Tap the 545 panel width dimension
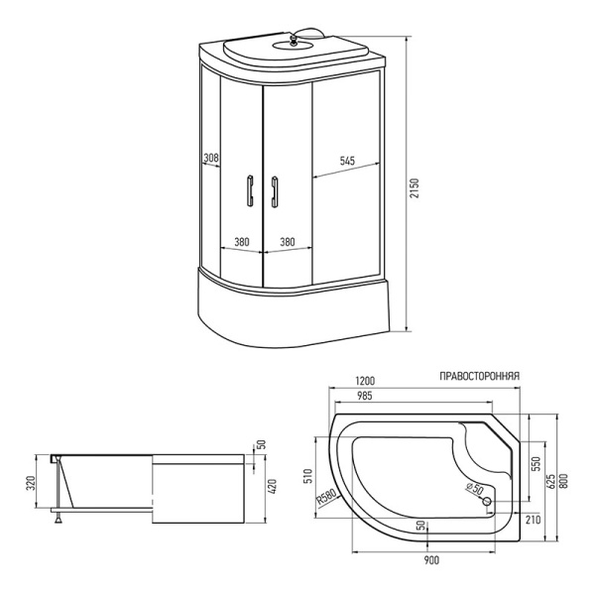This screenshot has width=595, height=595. (347, 161)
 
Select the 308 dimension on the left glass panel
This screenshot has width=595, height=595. (211, 157)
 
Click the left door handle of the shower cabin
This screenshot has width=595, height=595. (251, 190)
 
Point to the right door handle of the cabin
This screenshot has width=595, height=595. (274, 191)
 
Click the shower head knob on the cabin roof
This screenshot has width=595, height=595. (293, 40)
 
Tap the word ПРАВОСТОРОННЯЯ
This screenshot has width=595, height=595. (479, 376)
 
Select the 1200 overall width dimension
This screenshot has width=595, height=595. (364, 381)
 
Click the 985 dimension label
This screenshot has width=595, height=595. (364, 396)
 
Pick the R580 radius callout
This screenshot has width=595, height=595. (326, 498)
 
